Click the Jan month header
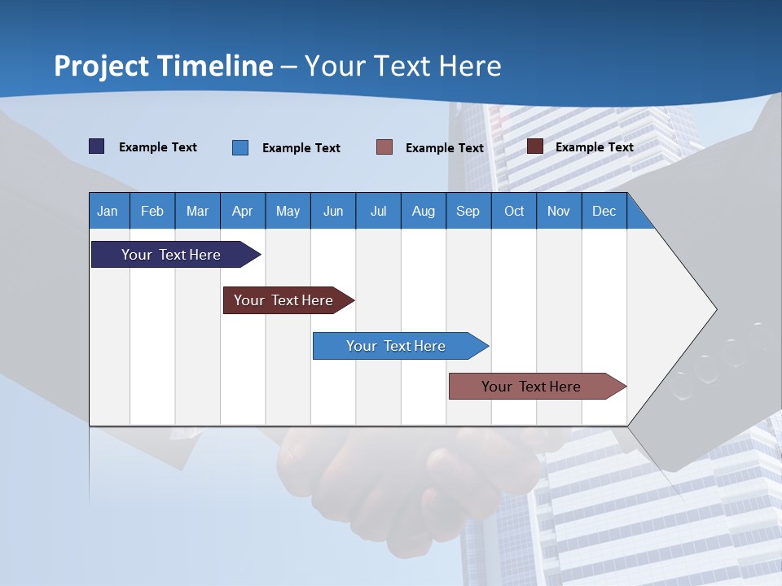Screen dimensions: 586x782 [108, 211]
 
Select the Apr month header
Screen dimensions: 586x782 [242, 211]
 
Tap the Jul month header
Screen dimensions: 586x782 [378, 211]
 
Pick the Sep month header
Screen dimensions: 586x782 [468, 211]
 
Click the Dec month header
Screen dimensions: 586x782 [604, 211]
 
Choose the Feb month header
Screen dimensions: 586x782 [152, 211]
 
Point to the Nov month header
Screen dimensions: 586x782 [558, 211]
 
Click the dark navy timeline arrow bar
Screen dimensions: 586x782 [171, 255]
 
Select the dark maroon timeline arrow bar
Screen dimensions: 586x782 [283, 300]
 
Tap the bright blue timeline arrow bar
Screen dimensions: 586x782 [396, 346]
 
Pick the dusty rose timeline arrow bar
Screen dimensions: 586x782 [531, 387]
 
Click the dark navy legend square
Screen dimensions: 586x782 [96, 146]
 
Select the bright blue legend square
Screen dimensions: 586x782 [240, 147]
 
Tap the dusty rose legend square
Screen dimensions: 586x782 [384, 147]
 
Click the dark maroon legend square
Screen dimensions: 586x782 [535, 146]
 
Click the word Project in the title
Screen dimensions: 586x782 [102, 66]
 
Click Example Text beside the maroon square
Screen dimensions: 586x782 [594, 146]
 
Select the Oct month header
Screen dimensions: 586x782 [514, 211]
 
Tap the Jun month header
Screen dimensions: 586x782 [332, 211]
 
